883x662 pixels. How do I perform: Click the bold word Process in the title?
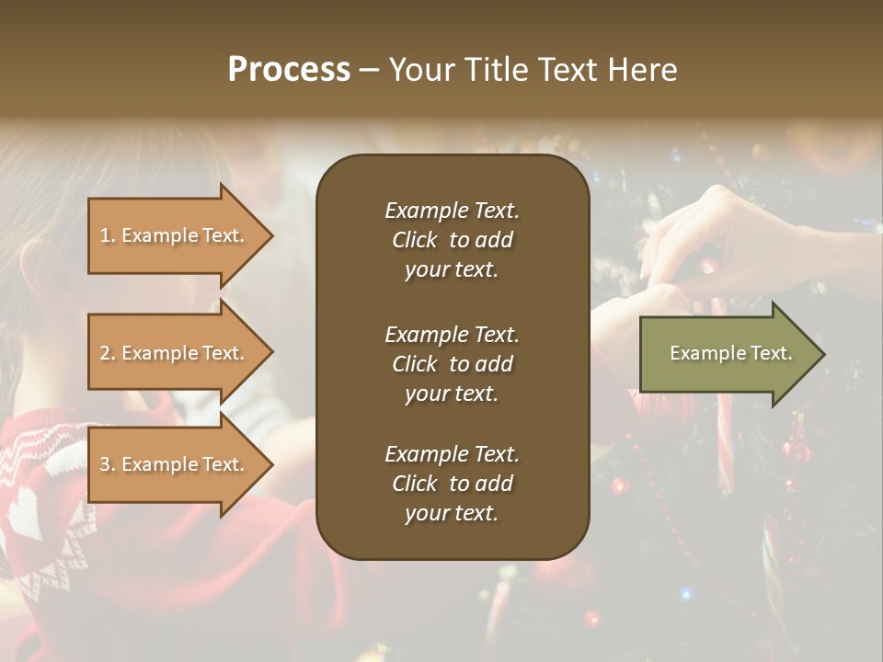pyautogui.click(x=289, y=70)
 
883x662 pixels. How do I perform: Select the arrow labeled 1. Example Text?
pyautogui.click(x=175, y=235)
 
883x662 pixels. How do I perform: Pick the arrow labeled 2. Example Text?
pyautogui.click(x=175, y=353)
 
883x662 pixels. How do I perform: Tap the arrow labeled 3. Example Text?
pyautogui.click(x=175, y=464)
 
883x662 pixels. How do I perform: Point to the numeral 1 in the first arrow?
pyautogui.click(x=105, y=235)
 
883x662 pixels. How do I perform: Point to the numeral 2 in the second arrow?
pyautogui.click(x=105, y=353)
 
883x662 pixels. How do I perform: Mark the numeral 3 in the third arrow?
pyautogui.click(x=105, y=464)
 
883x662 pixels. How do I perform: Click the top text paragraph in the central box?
pyautogui.click(x=452, y=240)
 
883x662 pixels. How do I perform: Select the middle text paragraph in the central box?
pyautogui.click(x=452, y=364)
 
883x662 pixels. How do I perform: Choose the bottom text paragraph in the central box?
pyautogui.click(x=452, y=484)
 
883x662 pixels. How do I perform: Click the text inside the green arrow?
pyautogui.click(x=730, y=353)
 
